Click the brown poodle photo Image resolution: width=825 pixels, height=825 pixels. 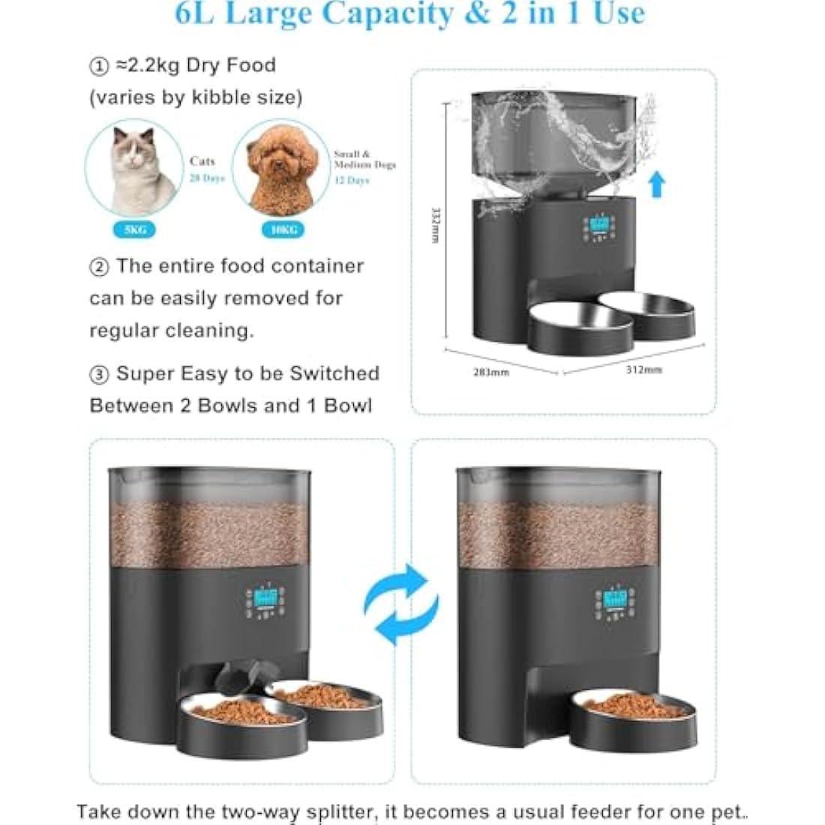[x=280, y=169]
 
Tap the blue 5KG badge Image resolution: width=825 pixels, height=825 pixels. [x=136, y=229]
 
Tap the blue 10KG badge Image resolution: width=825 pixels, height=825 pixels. [x=284, y=229]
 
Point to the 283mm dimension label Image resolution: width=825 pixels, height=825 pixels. [x=491, y=372]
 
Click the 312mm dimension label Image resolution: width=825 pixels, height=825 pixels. [x=643, y=370]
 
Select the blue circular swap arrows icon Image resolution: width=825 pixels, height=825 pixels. [x=401, y=604]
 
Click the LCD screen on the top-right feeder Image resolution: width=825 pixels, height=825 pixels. [x=599, y=224]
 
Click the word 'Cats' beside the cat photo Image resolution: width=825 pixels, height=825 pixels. [x=202, y=161]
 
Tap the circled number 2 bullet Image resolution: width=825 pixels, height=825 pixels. [x=99, y=267]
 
